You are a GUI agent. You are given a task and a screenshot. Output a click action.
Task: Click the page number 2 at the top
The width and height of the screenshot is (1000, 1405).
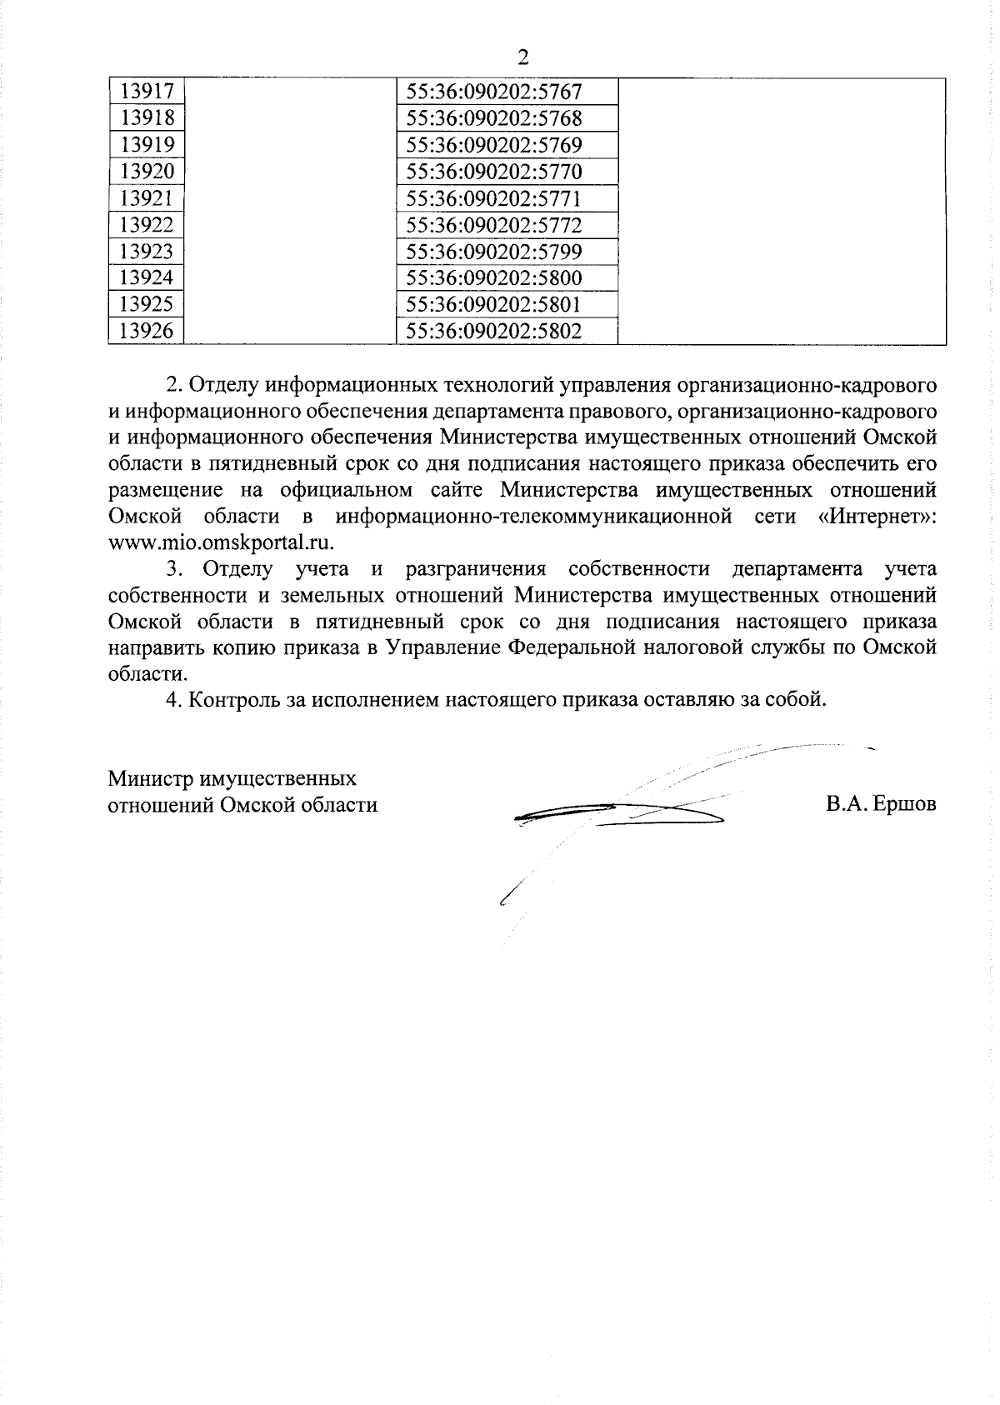point(522,57)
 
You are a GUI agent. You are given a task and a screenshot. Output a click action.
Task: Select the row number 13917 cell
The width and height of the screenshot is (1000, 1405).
point(147,91)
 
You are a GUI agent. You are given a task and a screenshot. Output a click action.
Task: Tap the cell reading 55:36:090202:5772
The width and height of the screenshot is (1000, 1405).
point(493,225)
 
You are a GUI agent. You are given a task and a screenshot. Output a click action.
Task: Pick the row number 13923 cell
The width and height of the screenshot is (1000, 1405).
point(147,252)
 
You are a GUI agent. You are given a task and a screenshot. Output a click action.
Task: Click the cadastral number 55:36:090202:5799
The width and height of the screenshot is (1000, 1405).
point(493,252)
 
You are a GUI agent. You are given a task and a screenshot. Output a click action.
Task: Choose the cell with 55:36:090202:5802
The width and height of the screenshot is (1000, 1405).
point(493,332)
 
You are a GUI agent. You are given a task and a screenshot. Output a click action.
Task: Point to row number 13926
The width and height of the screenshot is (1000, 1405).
point(147,332)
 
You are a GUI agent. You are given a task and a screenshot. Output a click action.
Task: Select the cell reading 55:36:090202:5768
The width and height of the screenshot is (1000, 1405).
point(493,117)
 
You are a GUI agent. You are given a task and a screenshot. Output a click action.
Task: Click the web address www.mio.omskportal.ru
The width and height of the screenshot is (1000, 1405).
point(221,542)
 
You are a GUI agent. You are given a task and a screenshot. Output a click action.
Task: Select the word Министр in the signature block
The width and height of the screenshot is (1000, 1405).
point(150,778)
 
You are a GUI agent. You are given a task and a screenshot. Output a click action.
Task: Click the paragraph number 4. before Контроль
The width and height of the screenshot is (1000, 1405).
point(172,699)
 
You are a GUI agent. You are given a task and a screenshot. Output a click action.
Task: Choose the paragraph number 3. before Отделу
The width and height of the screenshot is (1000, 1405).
point(173,569)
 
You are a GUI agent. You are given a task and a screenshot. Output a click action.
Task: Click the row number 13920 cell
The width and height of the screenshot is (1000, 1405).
point(147,172)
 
